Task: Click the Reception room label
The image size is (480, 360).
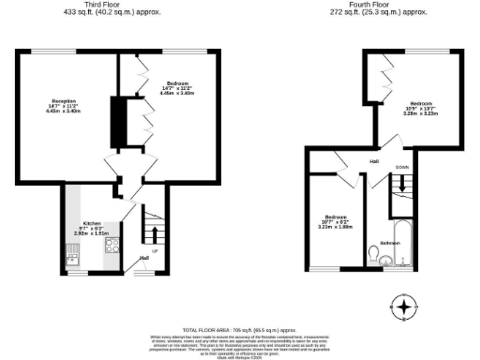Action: pyautogui.click(x=64, y=105)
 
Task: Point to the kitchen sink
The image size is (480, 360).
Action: pyautogui.click(x=73, y=250)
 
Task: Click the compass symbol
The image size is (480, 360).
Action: pyautogui.click(x=404, y=307)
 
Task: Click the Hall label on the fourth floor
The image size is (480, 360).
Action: pyautogui.click(x=373, y=162)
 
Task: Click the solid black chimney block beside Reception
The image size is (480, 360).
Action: pyautogui.click(x=118, y=115)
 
